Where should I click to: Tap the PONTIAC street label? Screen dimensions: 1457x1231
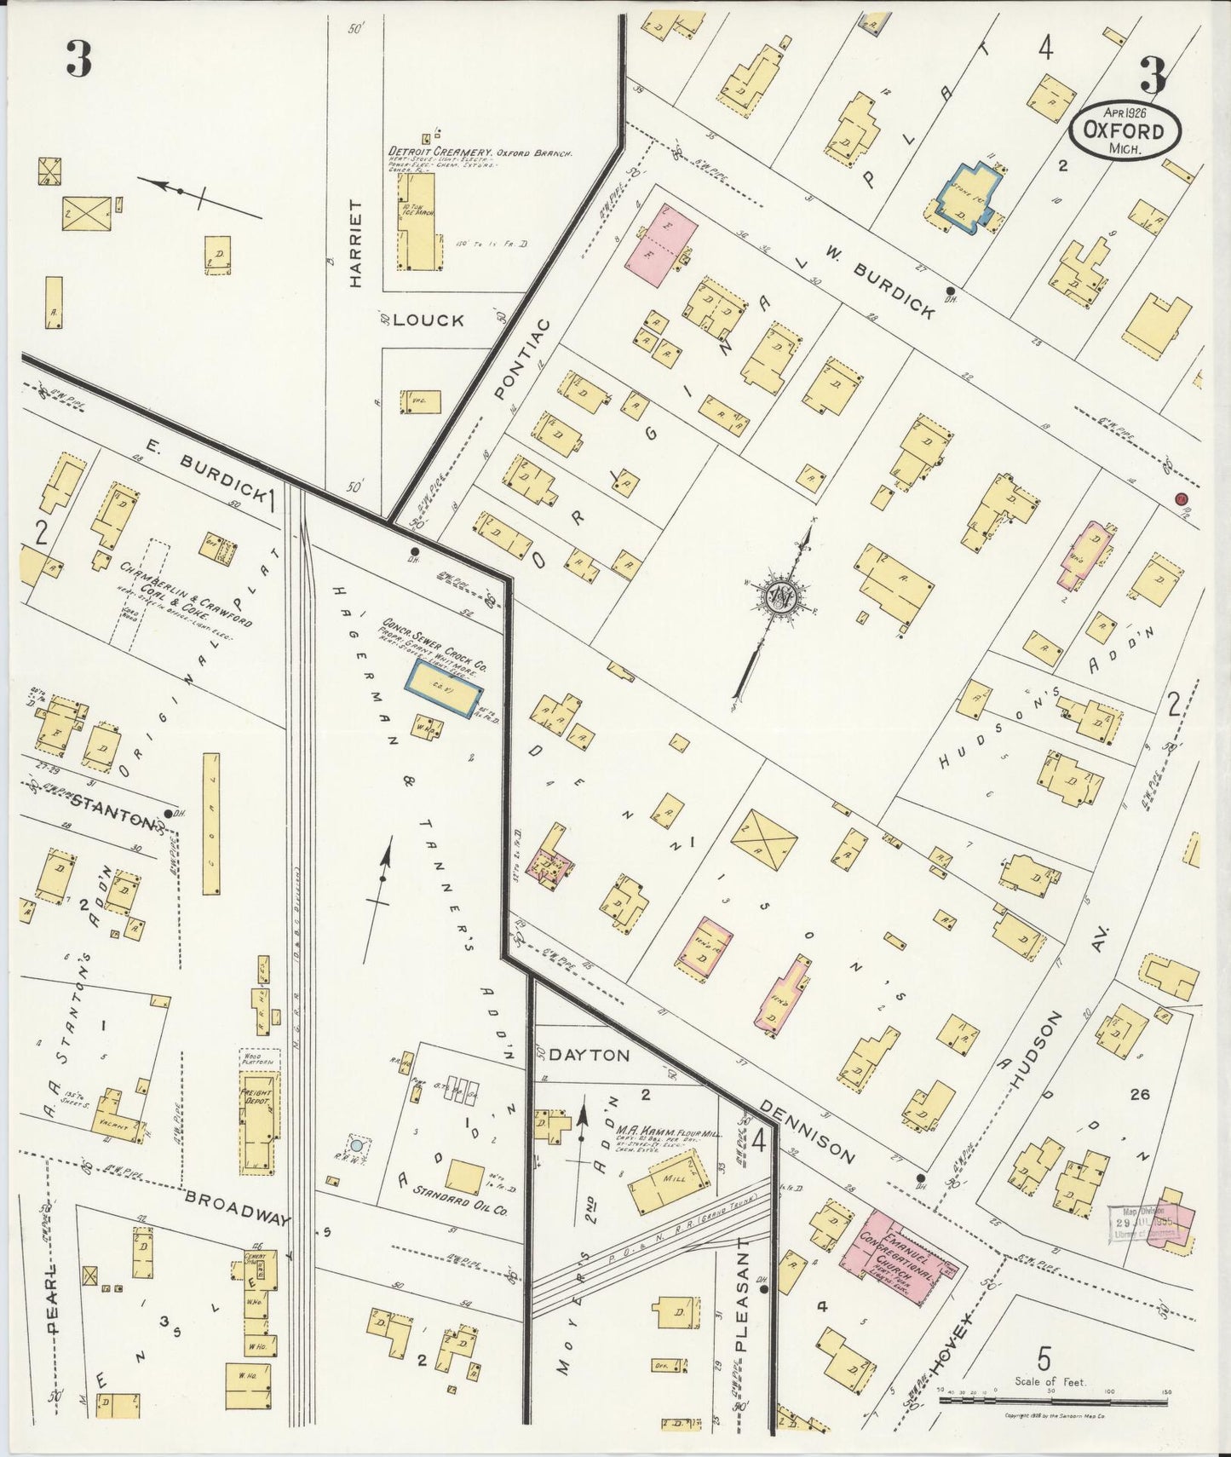pos(522,359)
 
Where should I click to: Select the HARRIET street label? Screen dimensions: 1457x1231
pos(356,244)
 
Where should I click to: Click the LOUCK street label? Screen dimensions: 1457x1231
pos(429,320)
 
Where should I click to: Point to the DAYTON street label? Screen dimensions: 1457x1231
pos(589,1055)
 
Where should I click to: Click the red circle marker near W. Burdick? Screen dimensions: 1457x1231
pos(1181,498)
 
